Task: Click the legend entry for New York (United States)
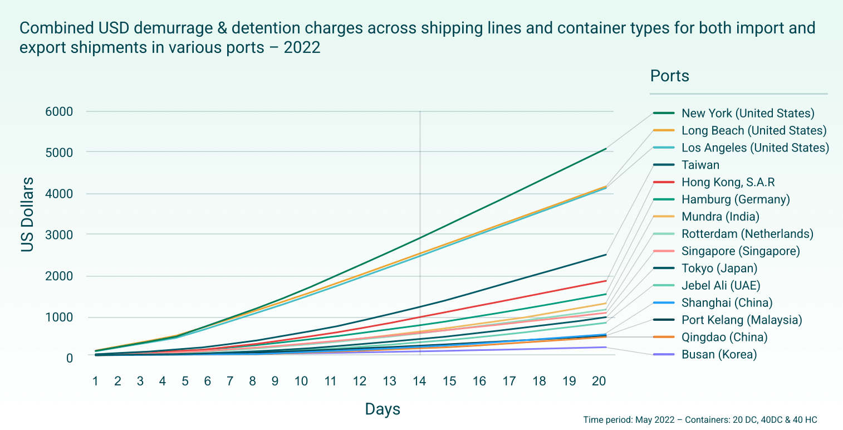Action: [748, 114]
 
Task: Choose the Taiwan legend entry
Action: [700, 165]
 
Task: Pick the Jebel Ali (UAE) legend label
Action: [721, 286]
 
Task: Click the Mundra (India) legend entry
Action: [720, 217]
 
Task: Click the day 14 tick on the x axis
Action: [419, 381]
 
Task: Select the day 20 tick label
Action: [599, 381]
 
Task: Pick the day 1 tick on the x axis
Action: [95, 381]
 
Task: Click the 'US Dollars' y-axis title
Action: [28, 214]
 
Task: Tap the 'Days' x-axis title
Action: [383, 409]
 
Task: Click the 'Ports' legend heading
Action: [669, 76]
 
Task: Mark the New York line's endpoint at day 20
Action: [606, 149]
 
